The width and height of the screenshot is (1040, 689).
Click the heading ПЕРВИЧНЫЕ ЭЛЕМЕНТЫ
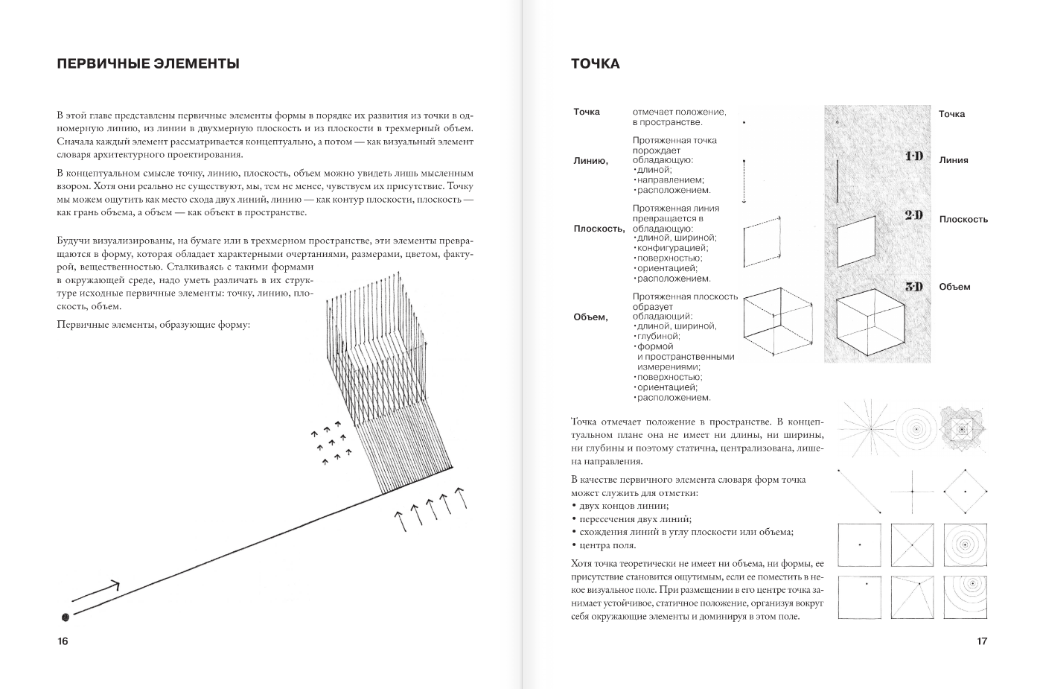tap(148, 64)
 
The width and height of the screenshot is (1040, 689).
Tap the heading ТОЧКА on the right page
tap(595, 64)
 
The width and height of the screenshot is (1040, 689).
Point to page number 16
tap(63, 641)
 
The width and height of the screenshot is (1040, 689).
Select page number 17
tap(982, 641)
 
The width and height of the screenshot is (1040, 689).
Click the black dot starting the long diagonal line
tap(66, 617)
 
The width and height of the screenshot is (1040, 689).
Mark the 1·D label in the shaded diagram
tap(913, 156)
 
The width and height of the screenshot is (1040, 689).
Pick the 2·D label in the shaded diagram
tap(913, 215)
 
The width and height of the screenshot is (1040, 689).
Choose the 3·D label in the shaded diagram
tap(913, 287)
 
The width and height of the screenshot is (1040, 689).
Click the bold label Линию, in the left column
tap(590, 161)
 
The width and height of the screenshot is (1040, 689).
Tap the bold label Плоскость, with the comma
tap(599, 229)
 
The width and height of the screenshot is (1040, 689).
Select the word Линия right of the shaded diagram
tap(954, 160)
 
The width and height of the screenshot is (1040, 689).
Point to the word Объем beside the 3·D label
tap(954, 287)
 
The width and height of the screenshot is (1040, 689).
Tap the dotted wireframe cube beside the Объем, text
tap(777, 322)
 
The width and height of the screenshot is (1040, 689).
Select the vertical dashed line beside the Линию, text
tap(744, 181)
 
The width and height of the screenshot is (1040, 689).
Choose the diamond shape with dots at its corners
tap(966, 492)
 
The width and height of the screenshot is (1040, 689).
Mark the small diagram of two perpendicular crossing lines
tap(912, 492)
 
